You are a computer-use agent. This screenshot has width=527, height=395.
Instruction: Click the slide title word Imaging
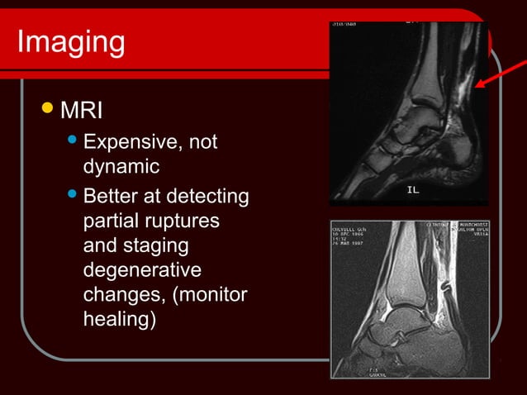click(70, 41)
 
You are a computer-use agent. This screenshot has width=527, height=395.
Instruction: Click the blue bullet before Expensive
click(72, 141)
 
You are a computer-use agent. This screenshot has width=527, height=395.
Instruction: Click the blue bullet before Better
click(72, 197)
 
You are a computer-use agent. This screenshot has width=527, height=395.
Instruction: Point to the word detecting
click(207, 198)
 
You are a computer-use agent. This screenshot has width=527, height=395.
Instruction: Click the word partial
click(111, 223)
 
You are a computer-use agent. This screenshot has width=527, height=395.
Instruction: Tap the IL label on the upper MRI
click(414, 190)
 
